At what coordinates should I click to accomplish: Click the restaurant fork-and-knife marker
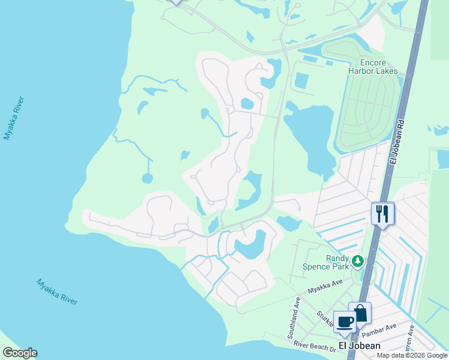[x=382, y=214]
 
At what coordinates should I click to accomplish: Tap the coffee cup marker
[x=345, y=321]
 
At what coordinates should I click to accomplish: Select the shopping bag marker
[x=360, y=313]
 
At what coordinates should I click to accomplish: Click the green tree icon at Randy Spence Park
[x=358, y=261]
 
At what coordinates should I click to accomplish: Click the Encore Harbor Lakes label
[x=373, y=67]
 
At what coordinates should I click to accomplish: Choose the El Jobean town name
[x=359, y=346]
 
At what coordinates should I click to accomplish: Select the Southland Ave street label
[x=297, y=310]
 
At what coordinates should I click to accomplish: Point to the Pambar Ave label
[x=382, y=328]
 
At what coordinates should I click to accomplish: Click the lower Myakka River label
[x=57, y=292]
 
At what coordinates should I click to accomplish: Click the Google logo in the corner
[x=20, y=353]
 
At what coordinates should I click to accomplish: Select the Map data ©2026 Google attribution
[x=412, y=355]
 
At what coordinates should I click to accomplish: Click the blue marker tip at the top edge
[x=175, y=2]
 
